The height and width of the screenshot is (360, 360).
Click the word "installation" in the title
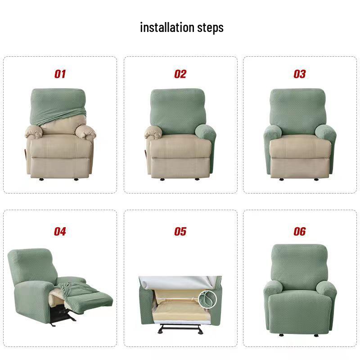pos(167,27)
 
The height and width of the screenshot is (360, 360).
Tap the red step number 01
pos(60,74)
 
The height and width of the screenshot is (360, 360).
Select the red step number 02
pos(180,74)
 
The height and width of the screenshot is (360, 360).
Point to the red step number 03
pos(300,74)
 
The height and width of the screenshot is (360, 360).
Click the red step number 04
pos(60,231)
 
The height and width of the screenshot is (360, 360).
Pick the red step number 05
pos(180,231)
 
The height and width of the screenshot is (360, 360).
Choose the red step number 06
pos(300,231)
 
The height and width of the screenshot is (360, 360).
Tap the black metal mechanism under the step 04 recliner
pos(61,316)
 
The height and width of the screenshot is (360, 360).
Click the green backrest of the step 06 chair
pos(300,263)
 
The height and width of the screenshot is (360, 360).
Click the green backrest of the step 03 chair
pos(298,108)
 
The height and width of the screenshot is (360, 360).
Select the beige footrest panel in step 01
pos(60,166)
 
